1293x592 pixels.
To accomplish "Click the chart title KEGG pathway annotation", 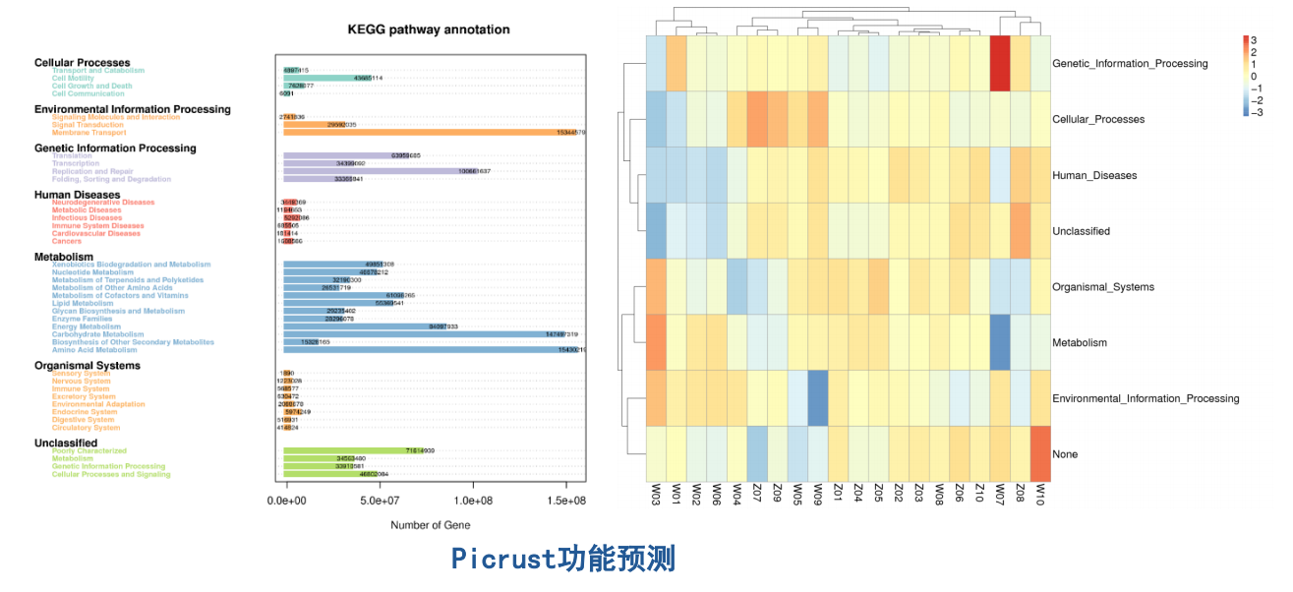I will pyautogui.click(x=429, y=30).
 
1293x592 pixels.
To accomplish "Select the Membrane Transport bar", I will pyautogui.click(x=434, y=132).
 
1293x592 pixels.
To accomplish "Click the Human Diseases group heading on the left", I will pyautogui.click(x=77, y=195).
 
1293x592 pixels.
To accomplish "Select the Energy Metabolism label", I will pyautogui.click(x=87, y=326).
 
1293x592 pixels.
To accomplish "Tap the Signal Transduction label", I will pyautogui.click(x=88, y=125).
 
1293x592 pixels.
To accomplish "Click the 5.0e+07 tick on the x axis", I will pyautogui.click(x=380, y=501).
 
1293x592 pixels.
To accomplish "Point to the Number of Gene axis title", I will pyautogui.click(x=430, y=525).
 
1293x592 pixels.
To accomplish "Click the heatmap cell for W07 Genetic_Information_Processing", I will pyautogui.click(x=1000, y=63).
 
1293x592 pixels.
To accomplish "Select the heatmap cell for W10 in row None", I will pyautogui.click(x=1040, y=453).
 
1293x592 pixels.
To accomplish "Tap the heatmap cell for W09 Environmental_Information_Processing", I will pyautogui.click(x=818, y=398).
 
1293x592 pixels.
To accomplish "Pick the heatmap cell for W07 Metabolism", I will pyautogui.click(x=1000, y=342).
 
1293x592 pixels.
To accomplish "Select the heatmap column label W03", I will pyautogui.click(x=655, y=494).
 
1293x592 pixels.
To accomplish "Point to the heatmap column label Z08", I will pyautogui.click(x=1021, y=494).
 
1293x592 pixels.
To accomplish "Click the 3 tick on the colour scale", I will pyautogui.click(x=1254, y=40).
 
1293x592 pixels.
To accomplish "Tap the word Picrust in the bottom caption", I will pyautogui.click(x=504, y=560).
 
